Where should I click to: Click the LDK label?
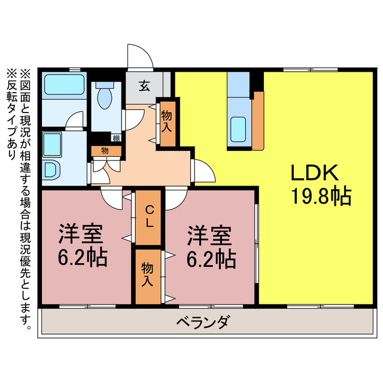click(315, 173)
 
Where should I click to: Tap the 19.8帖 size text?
click(321, 196)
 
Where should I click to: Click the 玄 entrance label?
click(145, 86)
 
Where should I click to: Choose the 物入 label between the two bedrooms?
click(147, 275)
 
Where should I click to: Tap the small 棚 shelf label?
click(115, 139)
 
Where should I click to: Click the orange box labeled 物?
click(104, 151)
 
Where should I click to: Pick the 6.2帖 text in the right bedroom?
click(209, 259)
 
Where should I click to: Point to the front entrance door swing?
click(139, 57)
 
